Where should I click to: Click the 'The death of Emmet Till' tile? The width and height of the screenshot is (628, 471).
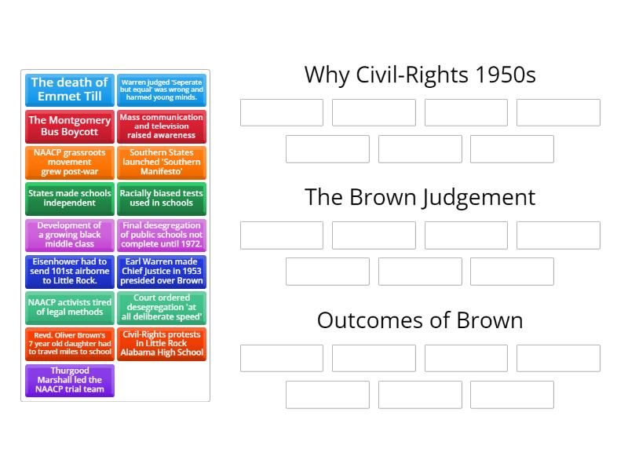coord(70,89)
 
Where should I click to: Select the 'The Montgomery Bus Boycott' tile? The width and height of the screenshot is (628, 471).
coord(70,126)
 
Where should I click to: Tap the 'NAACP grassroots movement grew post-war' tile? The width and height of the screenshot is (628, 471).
coord(70,162)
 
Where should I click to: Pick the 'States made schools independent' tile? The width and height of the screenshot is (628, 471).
coord(70,199)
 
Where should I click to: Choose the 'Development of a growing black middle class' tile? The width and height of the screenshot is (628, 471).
coord(70,235)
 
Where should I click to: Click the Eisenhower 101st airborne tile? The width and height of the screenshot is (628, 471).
coord(70,271)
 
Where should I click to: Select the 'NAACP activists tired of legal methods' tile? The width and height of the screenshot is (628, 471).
coord(70,307)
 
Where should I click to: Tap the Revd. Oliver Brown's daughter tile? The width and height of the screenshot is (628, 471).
coord(70,344)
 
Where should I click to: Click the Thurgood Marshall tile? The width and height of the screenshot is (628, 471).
coord(70,380)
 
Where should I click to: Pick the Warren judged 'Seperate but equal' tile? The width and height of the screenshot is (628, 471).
coord(162,89)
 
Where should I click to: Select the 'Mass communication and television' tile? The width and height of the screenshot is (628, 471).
coord(162,126)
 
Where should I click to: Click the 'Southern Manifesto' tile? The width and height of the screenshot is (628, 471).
coord(162,162)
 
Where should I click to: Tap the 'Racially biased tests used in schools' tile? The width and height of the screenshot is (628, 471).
coord(162,199)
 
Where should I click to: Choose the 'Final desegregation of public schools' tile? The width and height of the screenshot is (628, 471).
coord(162,235)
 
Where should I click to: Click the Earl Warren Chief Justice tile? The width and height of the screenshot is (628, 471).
coord(162,271)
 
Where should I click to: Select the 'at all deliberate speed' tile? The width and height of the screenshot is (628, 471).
coord(162,307)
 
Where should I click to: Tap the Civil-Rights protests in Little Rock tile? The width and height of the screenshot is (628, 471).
coord(162,344)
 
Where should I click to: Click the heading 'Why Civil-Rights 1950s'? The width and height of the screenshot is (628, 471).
coord(420,75)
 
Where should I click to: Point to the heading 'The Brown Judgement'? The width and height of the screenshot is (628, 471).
coord(420,197)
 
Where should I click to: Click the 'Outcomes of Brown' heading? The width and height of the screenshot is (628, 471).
coord(420,320)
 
